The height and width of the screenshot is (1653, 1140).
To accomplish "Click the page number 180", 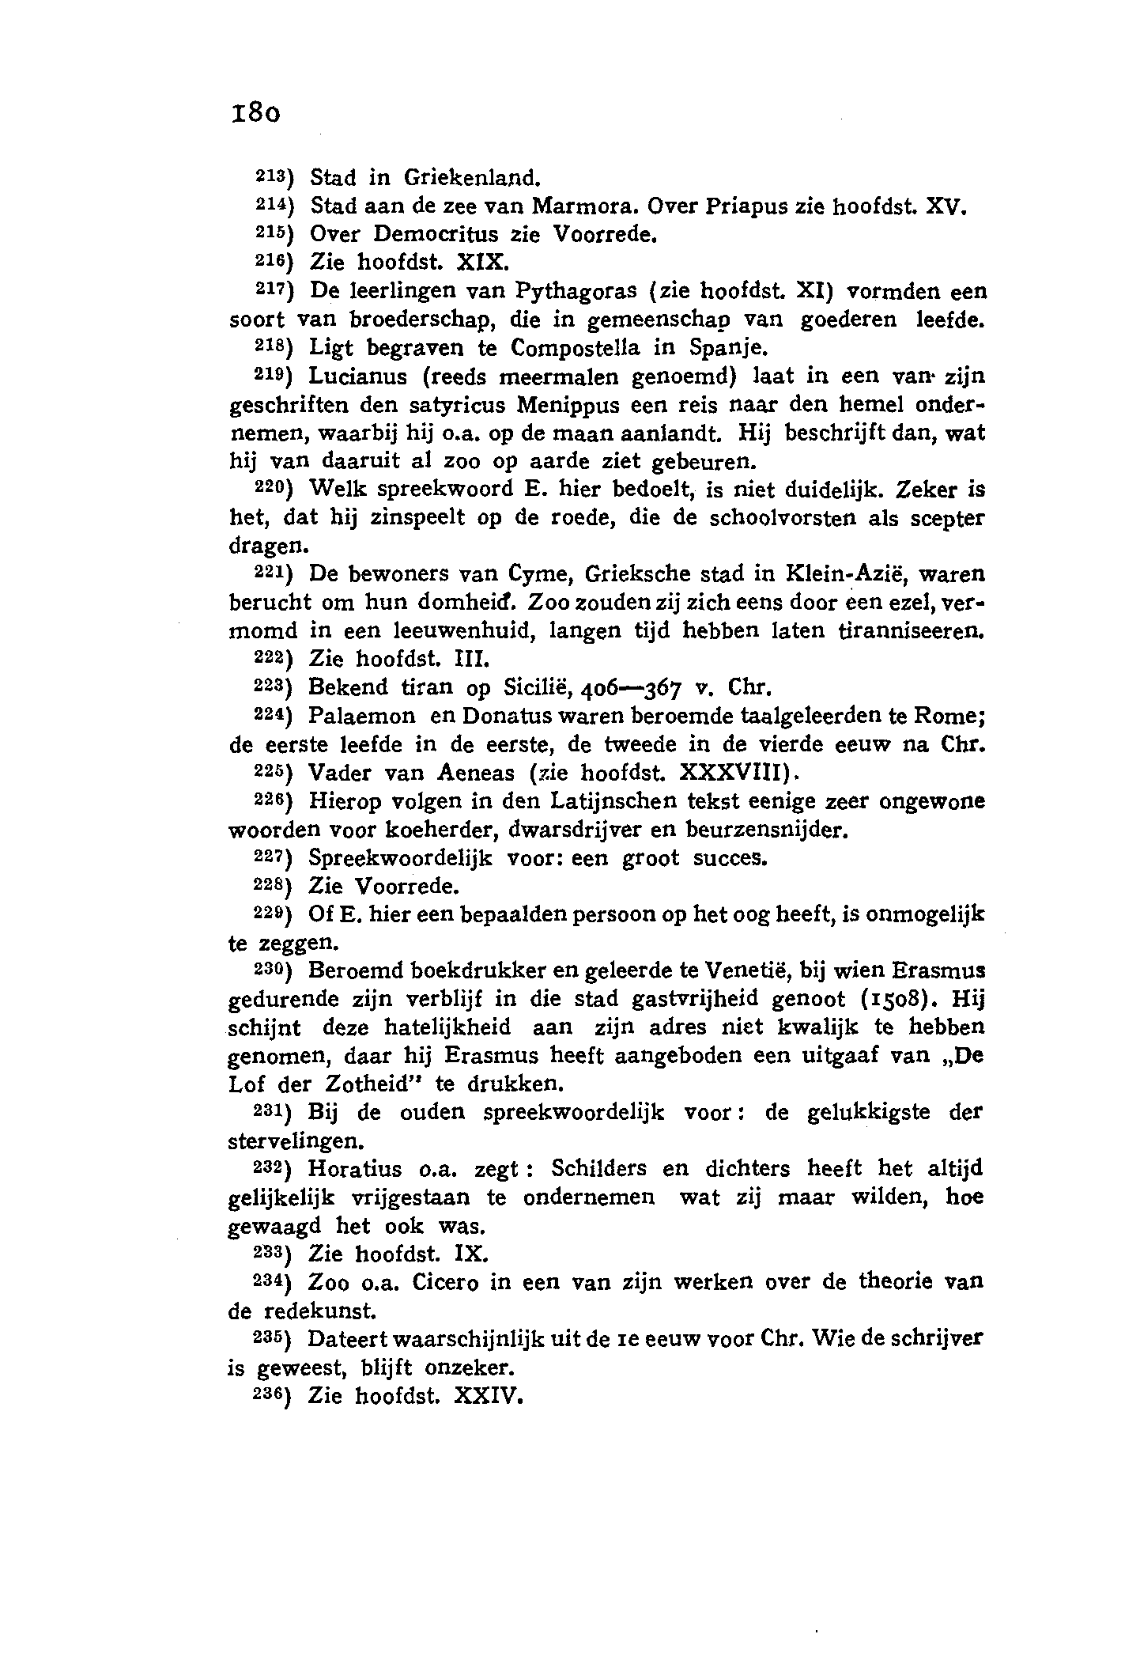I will click(x=255, y=112).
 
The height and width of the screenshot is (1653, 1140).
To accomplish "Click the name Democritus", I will click(x=435, y=234).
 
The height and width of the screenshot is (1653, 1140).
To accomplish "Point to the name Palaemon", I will click(x=362, y=717).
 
